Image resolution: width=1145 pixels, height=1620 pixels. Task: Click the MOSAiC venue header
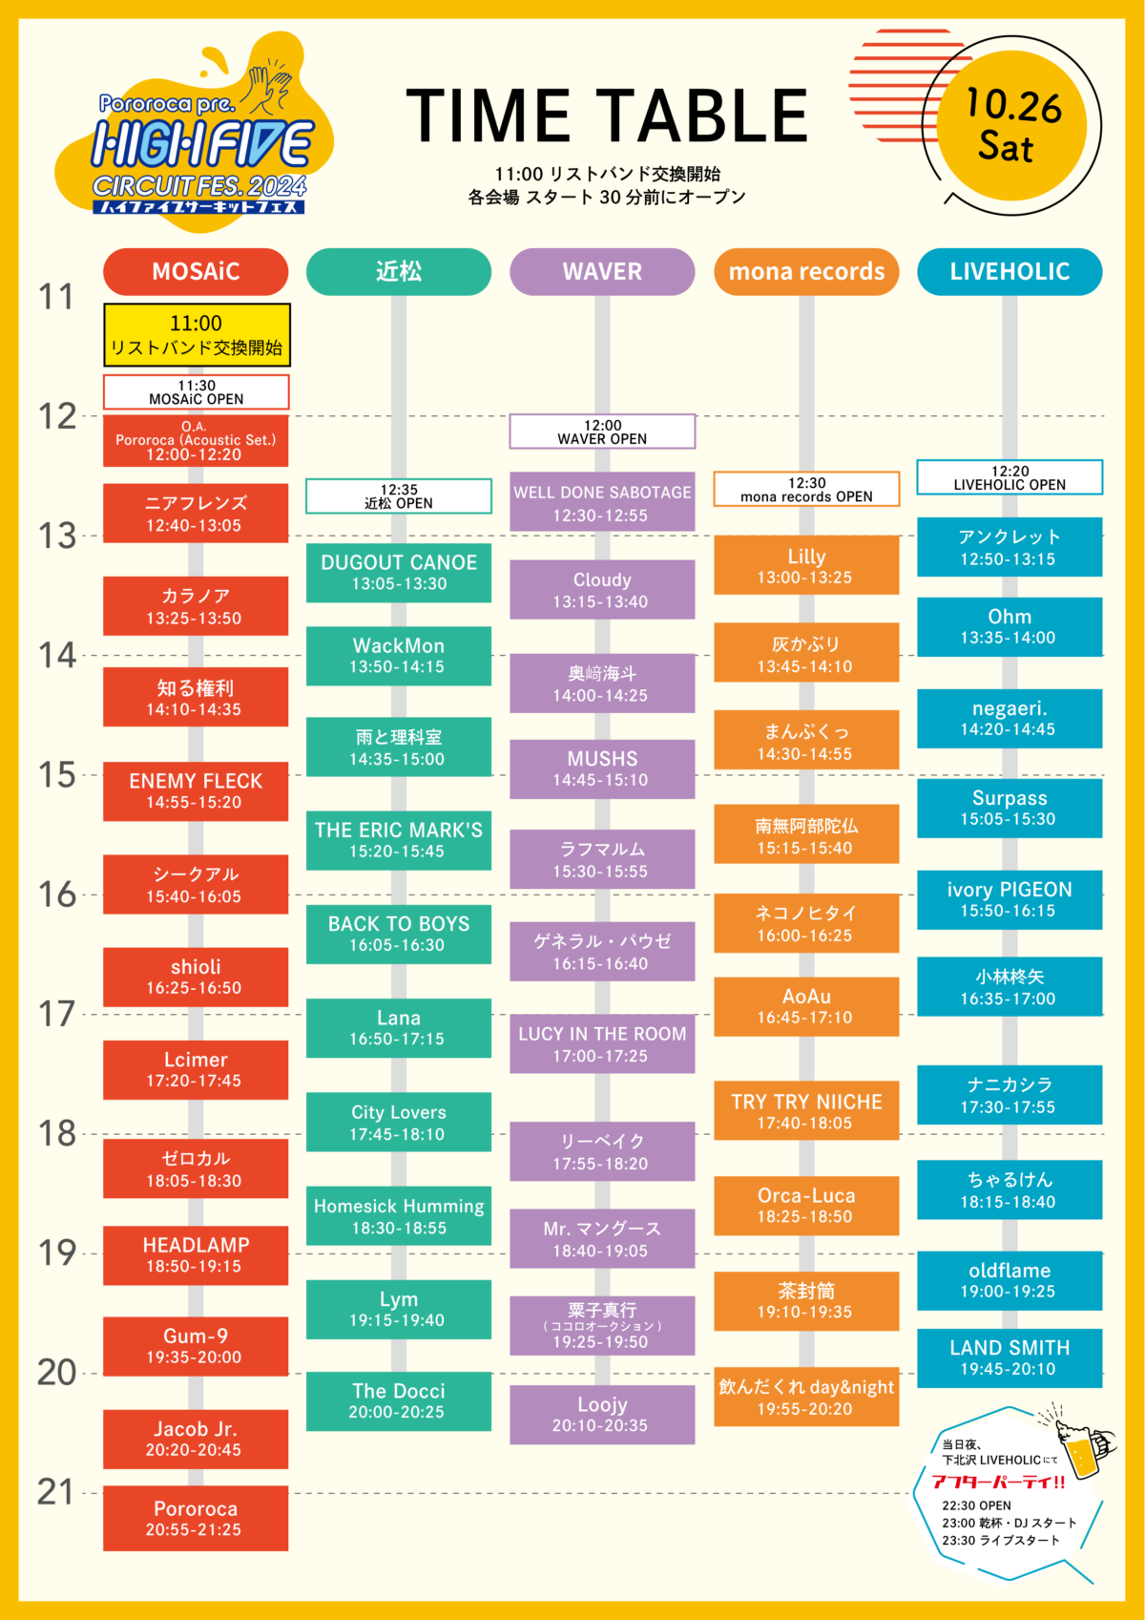pyautogui.click(x=196, y=271)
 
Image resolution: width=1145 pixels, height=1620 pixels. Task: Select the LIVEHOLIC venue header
pyautogui.click(x=1010, y=271)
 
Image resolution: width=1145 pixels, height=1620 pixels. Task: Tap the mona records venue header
pyautogui.click(x=806, y=271)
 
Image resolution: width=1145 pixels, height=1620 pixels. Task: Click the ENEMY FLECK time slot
pyautogui.click(x=196, y=790)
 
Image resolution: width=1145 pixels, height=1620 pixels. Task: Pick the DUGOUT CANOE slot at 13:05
pyautogui.click(x=399, y=572)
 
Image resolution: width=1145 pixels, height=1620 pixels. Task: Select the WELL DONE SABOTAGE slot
pyautogui.click(x=602, y=502)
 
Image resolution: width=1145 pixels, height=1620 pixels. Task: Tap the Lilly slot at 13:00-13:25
pyautogui.click(x=806, y=565)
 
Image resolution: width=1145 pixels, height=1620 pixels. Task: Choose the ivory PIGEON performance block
pyautogui.click(x=1010, y=899)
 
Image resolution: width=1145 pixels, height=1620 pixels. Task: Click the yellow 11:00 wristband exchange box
pyautogui.click(x=197, y=335)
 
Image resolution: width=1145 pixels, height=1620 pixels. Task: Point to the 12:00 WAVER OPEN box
pyautogui.click(x=602, y=431)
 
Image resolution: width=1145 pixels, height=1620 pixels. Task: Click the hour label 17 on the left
pyautogui.click(x=56, y=1014)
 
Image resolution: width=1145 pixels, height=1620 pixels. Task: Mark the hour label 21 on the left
pyautogui.click(x=56, y=1492)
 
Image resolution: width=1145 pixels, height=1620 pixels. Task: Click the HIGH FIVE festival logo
pyautogui.click(x=200, y=143)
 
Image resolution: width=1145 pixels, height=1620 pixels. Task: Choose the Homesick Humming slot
pyautogui.click(x=399, y=1215)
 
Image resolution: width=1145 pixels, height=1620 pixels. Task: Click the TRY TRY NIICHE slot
pyautogui.click(x=806, y=1110)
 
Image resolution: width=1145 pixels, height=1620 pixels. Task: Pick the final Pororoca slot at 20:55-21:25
pyautogui.click(x=196, y=1518)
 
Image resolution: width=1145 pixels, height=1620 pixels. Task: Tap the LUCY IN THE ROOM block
pyautogui.click(x=602, y=1043)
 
